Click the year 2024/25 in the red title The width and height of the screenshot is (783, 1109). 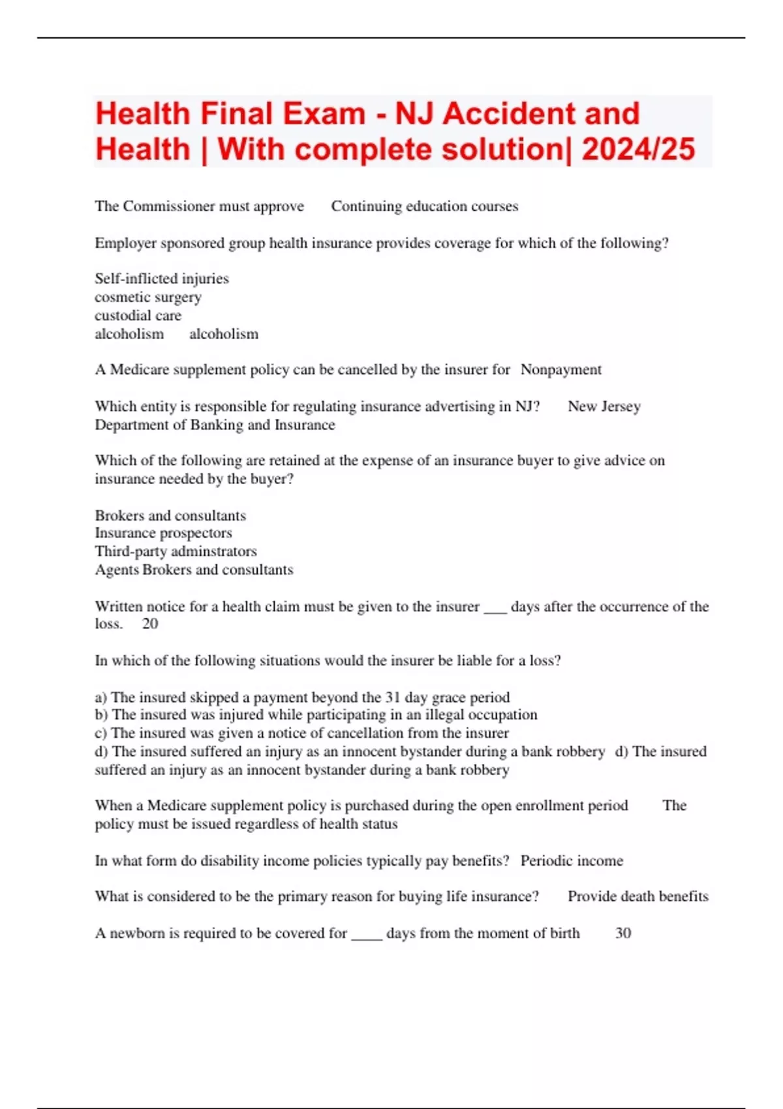point(638,149)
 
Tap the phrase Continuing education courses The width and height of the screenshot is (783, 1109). point(424,206)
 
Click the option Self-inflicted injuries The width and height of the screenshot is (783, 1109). point(162,279)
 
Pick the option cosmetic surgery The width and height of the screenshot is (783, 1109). point(148,297)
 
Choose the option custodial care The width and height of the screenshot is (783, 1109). point(138,315)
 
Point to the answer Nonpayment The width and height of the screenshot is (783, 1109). point(560,369)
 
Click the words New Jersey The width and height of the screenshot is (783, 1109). point(604,406)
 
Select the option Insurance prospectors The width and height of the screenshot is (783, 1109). point(163,533)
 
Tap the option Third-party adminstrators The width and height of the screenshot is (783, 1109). point(176,551)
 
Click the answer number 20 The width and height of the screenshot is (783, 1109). point(150,624)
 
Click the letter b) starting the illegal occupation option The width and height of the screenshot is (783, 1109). point(102,715)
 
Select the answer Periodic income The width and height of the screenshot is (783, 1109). point(572,860)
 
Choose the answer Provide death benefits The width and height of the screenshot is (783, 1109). point(637,896)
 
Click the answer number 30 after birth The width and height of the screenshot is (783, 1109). point(623,933)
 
